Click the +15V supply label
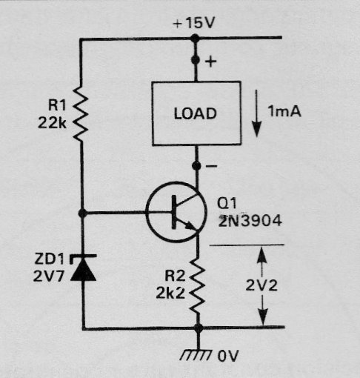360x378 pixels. coord(194,24)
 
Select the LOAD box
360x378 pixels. coord(196,113)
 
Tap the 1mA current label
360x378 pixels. coord(284,111)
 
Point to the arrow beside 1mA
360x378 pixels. coord(257,113)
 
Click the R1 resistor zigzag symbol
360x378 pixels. coord(81,113)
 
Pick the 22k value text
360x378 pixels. coord(52,122)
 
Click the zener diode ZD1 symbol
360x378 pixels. coord(83,268)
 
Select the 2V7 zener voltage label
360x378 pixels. coord(49,276)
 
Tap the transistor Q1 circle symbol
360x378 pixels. coord(176,212)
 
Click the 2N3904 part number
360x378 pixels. coord(250,221)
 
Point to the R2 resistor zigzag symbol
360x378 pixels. coord(197,286)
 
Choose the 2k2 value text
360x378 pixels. coord(170,294)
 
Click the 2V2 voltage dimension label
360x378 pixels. coord(261,285)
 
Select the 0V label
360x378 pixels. coord(228,356)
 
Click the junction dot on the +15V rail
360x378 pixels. coord(195,39)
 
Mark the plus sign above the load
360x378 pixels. coord(210,62)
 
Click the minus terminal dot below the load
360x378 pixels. coord(196,165)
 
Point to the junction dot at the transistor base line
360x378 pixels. coord(82,213)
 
